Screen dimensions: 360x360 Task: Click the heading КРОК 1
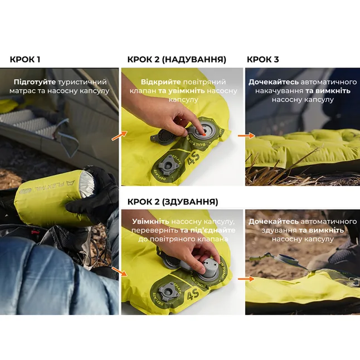tap(25, 59)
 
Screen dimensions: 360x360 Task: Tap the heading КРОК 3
tap(263, 59)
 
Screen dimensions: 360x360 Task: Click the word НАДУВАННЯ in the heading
tap(195, 59)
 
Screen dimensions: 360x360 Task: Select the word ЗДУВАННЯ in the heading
tap(189, 202)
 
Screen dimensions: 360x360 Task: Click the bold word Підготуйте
tap(35, 82)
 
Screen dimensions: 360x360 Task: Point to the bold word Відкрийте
tap(160, 82)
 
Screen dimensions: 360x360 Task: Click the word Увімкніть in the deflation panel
tap(150, 222)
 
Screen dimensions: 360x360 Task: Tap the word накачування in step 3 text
tap(279, 91)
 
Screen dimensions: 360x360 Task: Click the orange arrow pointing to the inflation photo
tap(119, 135)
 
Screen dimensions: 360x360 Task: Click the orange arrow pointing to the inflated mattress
tap(246, 135)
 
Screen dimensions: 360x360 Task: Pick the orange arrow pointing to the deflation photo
tap(119, 271)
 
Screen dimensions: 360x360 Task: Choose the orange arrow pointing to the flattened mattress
tap(246, 279)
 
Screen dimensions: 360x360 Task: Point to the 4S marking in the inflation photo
tap(193, 159)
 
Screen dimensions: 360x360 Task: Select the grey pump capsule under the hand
tap(210, 269)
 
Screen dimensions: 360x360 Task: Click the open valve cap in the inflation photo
tap(160, 138)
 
